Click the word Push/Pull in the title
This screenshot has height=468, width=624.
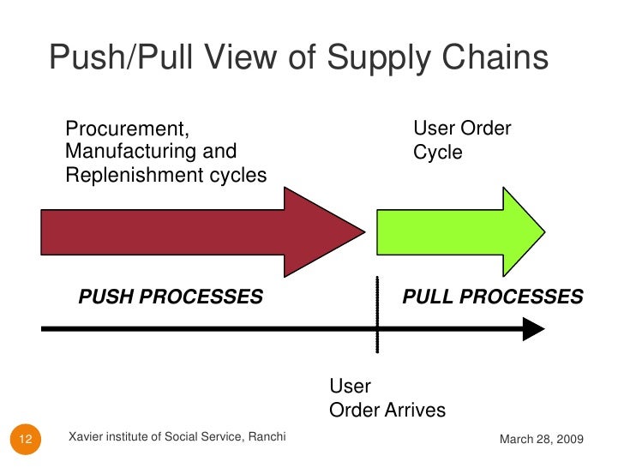[x=115, y=59]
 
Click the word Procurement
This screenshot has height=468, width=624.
[x=127, y=130]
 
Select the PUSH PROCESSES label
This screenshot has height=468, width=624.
[x=171, y=297]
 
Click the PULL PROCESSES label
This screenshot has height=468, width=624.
[x=493, y=297]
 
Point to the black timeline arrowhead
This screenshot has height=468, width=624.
[x=533, y=329]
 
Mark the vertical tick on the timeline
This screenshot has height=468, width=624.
[x=376, y=314]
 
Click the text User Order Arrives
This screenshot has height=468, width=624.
[x=387, y=399]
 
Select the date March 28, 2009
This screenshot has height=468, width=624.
[x=541, y=439]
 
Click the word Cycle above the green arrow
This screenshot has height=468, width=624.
[x=438, y=153]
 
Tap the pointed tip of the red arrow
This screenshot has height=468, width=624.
[x=363, y=231]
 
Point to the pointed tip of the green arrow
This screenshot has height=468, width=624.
[x=543, y=231]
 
